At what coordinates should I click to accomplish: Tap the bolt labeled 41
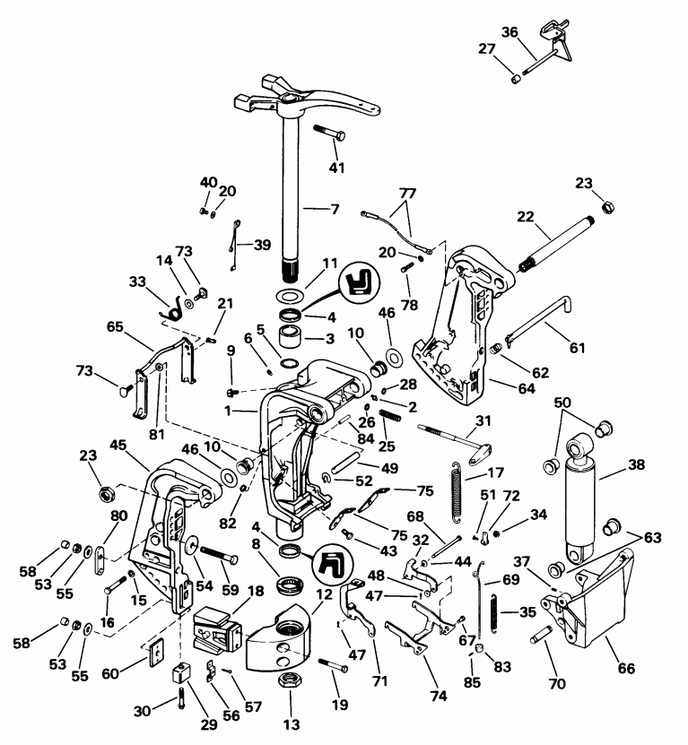pos(332,134)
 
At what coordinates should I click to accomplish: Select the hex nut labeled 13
pos(290,682)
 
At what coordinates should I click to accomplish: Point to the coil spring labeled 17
pos(458,489)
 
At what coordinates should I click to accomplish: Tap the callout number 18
pos(256,591)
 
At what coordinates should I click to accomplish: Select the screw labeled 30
pos(180,695)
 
